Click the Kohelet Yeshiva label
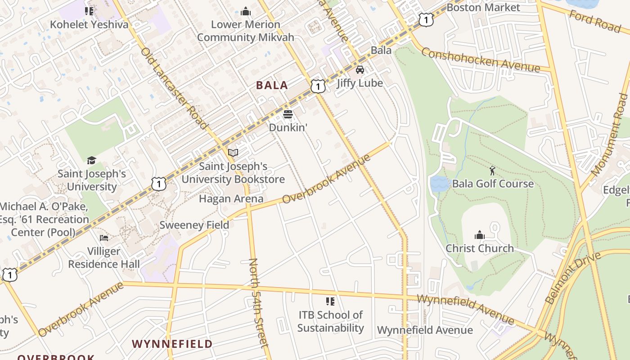pos(89,24)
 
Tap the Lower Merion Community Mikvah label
pos(245,31)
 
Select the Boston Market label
pos(483,8)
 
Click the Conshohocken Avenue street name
pos(480,60)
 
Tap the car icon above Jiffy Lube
pos(360,70)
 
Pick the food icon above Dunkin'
pos(288,114)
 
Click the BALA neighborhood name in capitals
pos(272,85)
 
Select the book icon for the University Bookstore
pos(233,153)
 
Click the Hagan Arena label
pos(231,198)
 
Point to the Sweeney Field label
pos(194,225)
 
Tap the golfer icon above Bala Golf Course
pos(492,171)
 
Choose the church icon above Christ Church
pos(479,235)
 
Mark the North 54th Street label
pos(259,302)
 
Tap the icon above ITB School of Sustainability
pos(330,301)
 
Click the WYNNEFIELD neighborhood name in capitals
pos(172,344)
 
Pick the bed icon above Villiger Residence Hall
pos(104,238)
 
